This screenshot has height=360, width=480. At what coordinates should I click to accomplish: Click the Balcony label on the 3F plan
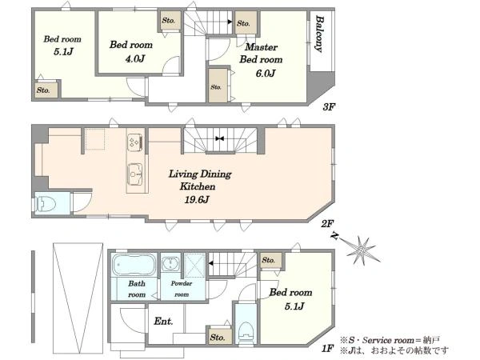[319, 34]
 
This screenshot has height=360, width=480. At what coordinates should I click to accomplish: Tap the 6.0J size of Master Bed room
[266, 73]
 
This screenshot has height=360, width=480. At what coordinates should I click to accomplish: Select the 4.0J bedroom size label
[134, 58]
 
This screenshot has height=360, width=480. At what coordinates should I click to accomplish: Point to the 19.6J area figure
[197, 199]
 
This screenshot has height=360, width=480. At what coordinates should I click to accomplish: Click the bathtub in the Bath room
[134, 265]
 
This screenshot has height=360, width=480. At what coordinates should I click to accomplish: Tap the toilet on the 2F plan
[46, 203]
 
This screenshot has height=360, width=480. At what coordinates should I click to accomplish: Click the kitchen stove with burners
[135, 142]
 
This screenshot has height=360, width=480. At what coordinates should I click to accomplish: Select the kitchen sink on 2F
[134, 174]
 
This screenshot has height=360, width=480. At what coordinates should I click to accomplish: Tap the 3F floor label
[329, 107]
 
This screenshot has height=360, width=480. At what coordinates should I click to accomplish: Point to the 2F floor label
[327, 224]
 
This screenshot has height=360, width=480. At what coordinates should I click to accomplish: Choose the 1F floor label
[327, 348]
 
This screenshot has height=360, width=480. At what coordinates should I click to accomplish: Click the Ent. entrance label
[163, 321]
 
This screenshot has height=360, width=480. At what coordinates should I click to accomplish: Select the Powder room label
[182, 289]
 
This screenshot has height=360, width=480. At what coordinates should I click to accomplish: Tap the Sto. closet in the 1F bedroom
[271, 261]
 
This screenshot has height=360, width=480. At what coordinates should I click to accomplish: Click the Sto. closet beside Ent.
[219, 337]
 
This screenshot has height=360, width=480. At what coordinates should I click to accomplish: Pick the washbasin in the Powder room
[170, 263]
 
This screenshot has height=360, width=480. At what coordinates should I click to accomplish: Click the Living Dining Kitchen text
[199, 180]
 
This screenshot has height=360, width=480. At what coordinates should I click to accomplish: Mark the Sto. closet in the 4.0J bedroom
[170, 20]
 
